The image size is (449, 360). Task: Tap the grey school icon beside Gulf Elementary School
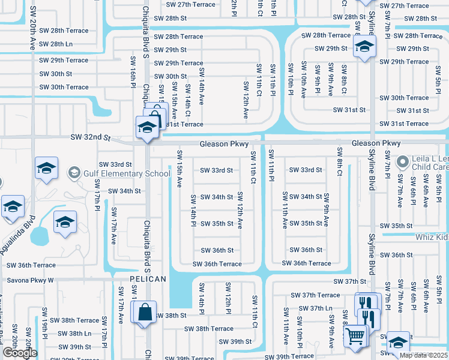pyautogui.click(x=74, y=174)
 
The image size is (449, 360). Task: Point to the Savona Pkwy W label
pyautogui.click(x=30, y=280)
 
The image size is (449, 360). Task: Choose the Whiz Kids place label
pyautogui.click(x=432, y=238)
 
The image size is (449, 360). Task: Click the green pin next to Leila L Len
pyautogui.click(x=402, y=161)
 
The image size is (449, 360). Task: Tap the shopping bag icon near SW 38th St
pyautogui.click(x=145, y=313)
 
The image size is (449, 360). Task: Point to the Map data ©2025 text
pyautogui.click(x=423, y=355)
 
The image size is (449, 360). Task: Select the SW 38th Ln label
pyautogui.click(x=79, y=334)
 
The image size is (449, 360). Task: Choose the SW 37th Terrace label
pyautogui.click(x=315, y=295)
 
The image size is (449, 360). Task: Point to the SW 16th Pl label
pyautogui.click(x=133, y=70)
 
